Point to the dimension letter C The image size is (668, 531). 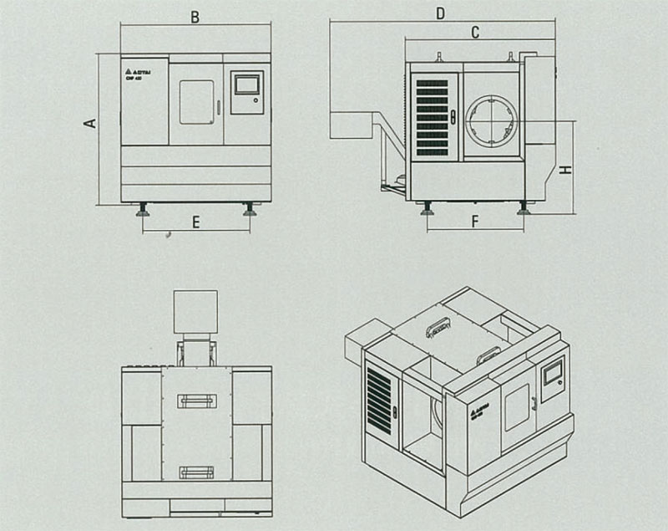pyautogui.click(x=474, y=33)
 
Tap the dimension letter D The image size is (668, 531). pyautogui.click(x=440, y=13)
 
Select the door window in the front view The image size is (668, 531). pyautogui.click(x=197, y=102)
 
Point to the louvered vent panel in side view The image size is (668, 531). pyautogui.click(x=432, y=116)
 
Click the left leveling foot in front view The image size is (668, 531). pyautogui.click(x=144, y=209)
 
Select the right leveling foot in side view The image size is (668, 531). pyautogui.click(x=524, y=208)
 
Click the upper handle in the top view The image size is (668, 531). pyautogui.click(x=196, y=402)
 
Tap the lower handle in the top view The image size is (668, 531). pyautogui.click(x=196, y=472)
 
